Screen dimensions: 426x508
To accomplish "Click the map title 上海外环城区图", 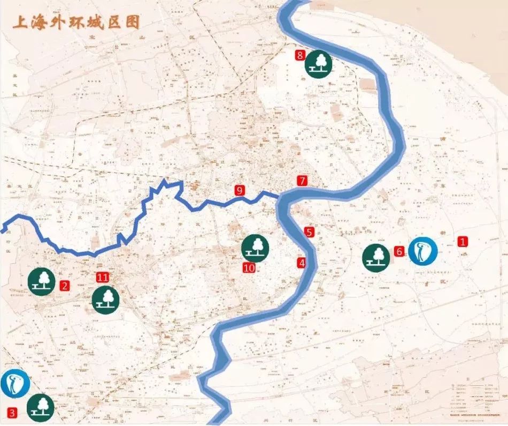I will click(x=76, y=23).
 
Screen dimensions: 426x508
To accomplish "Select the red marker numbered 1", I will click(x=463, y=242).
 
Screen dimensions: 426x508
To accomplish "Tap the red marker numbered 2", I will click(x=65, y=286).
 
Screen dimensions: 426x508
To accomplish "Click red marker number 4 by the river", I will click(x=302, y=263).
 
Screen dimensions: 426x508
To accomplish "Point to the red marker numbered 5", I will click(x=309, y=232).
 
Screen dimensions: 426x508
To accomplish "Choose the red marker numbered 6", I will click(x=399, y=251).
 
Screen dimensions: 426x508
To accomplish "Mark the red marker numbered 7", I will click(x=302, y=181).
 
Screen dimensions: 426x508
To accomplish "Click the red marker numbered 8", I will click(x=300, y=55).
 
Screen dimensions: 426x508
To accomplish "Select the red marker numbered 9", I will click(x=239, y=190).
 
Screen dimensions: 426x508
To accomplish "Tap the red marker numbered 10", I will click(x=248, y=268).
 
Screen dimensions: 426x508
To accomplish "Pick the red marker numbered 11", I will click(x=103, y=277).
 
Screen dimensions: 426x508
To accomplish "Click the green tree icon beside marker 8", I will click(x=319, y=63).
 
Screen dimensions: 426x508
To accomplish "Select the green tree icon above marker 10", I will click(x=255, y=247).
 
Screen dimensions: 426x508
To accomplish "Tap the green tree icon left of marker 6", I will click(x=376, y=258).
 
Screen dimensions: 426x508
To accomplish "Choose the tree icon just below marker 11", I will click(x=106, y=299).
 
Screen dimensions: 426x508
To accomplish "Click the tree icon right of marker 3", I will click(x=41, y=408).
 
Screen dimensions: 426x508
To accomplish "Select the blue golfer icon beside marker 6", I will click(x=422, y=251).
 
